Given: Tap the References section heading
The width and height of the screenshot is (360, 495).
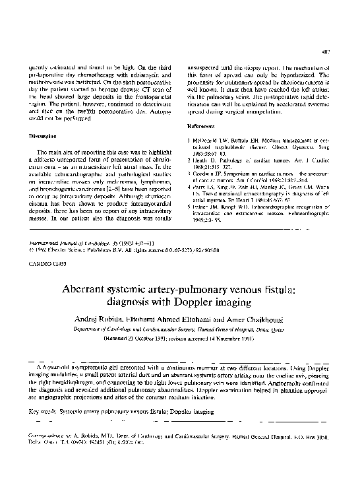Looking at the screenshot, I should tap(201, 125).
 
